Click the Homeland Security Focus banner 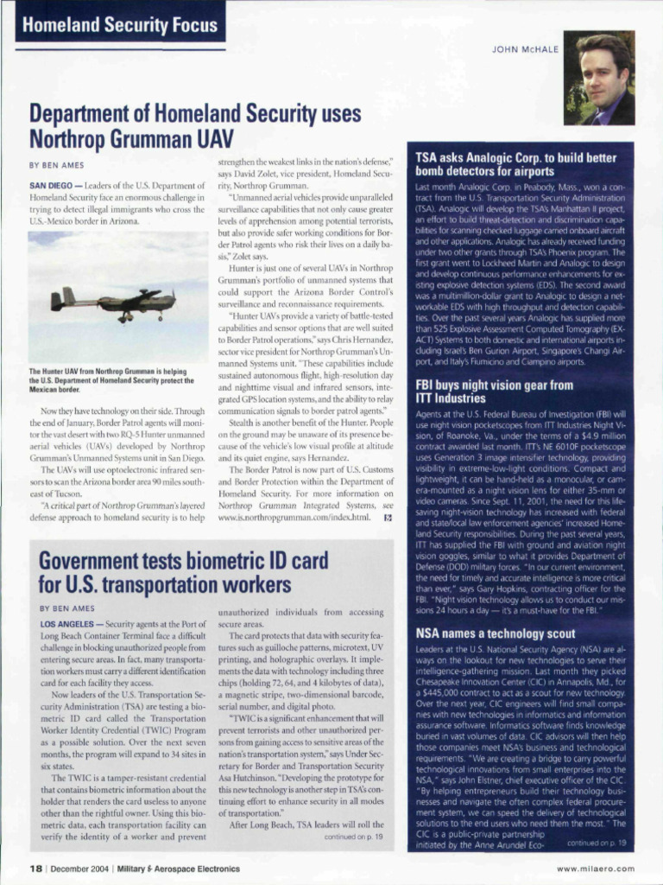coord(120,25)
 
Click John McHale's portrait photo coord(599,78)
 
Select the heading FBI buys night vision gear coord(494,392)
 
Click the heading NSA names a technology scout coord(495,633)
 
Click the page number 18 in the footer coord(37,869)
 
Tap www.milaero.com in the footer coord(595,869)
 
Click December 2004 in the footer coord(84,869)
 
